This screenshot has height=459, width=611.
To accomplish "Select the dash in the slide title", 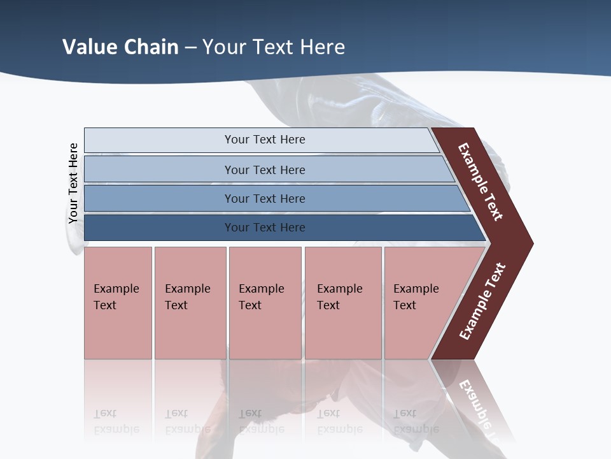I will point(191,47).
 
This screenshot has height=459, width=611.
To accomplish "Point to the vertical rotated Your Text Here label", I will point(73,184).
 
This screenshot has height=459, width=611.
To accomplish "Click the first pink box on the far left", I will point(118,303).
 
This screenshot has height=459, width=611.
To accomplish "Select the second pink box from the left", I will point(190,303).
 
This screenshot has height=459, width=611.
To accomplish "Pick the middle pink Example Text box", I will point(265,303).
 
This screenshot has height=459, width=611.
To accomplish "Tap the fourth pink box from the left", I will point(343,303).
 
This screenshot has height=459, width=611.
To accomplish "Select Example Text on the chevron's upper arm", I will point(481,182).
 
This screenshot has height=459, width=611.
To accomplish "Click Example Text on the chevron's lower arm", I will point(482,301).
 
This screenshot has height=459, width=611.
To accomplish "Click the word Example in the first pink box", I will point(116,289).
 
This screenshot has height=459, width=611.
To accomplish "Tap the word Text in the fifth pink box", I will point(405,305).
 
